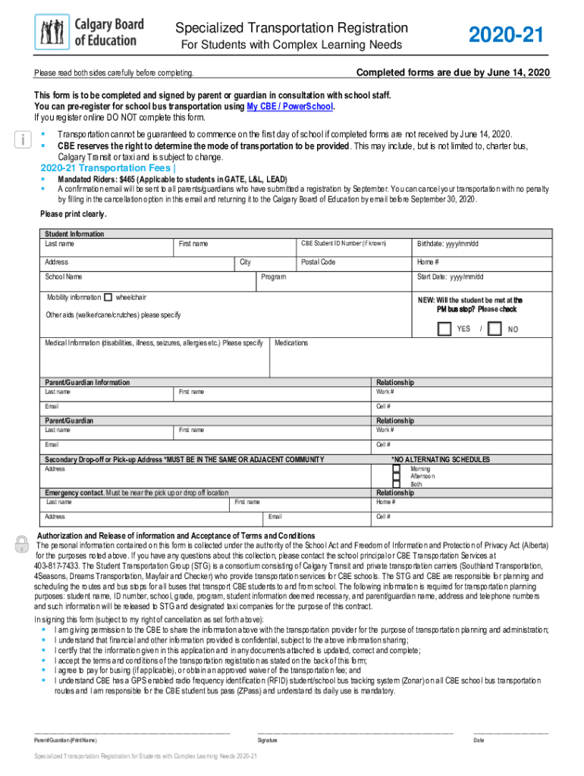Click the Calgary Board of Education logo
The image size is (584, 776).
click(89, 32)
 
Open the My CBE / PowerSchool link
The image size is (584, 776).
click(290, 107)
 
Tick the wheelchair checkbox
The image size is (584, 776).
click(108, 297)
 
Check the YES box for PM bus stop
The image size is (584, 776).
click(444, 329)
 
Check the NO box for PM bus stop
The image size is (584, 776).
click(495, 329)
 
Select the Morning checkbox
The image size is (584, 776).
click(396, 468)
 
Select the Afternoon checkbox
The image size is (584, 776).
click(396, 477)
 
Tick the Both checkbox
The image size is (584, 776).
click(396, 484)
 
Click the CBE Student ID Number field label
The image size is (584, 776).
click(344, 243)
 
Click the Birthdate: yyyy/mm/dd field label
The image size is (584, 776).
click(447, 244)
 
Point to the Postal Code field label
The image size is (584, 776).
click(318, 262)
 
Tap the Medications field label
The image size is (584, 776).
click(291, 343)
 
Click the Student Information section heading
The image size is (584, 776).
click(74, 234)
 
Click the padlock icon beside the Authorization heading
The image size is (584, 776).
click(22, 543)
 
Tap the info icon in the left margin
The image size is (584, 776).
click(22, 140)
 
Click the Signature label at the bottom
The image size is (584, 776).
click(267, 739)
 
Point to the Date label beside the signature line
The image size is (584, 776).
click(478, 739)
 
